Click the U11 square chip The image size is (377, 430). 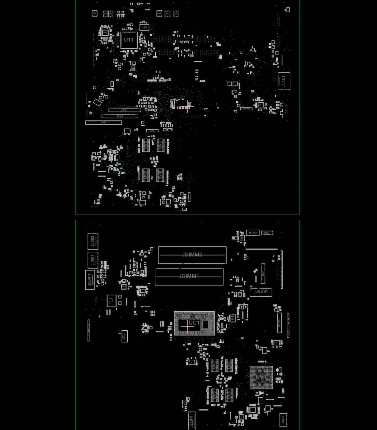[x=129, y=40]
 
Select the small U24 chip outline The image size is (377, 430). [x=144, y=27]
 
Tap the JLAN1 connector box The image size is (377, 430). [x=284, y=81]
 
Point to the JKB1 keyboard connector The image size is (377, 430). [x=125, y=110]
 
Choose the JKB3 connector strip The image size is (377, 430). [x=103, y=123]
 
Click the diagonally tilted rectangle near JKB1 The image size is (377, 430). [x=97, y=102]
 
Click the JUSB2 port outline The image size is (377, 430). [x=93, y=241]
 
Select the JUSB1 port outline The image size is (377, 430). [x=93, y=260]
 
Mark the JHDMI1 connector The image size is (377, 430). [x=90, y=280]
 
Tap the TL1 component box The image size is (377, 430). [x=111, y=301]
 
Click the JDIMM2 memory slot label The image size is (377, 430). [x=192, y=254]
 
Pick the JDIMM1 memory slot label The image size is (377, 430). [x=189, y=276]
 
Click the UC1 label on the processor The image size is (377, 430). [x=194, y=323]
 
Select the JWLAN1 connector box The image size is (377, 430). [x=261, y=292]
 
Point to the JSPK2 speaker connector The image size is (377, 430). [x=253, y=233]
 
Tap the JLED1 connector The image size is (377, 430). [x=267, y=233]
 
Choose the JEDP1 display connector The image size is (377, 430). [x=191, y=421]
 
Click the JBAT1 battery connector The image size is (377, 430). [x=283, y=420]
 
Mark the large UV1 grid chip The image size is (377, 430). [x=261, y=378]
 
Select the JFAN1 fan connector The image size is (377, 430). [x=125, y=336]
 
